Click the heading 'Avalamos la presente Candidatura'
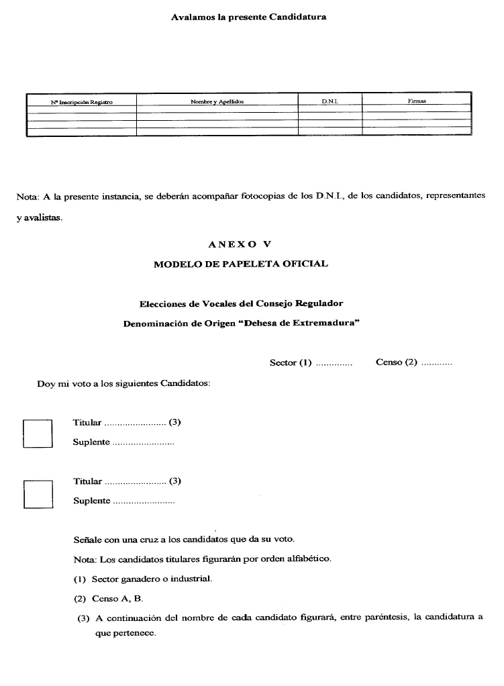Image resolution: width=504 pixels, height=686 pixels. pyautogui.click(x=248, y=17)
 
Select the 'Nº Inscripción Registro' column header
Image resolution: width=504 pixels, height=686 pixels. pyautogui.click(x=81, y=102)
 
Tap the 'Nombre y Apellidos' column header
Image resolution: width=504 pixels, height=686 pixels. pyautogui.click(x=217, y=101)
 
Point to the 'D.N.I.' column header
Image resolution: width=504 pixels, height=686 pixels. pyautogui.click(x=330, y=101)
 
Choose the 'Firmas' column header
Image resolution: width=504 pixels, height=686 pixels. pyautogui.click(x=417, y=101)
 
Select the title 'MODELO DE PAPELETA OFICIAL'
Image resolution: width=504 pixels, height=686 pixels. pyautogui.click(x=241, y=264)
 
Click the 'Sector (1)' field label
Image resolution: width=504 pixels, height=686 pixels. pyautogui.click(x=291, y=362)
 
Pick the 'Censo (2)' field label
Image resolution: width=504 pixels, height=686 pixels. pyautogui.click(x=396, y=362)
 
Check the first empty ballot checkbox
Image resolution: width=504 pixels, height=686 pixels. pyautogui.click(x=38, y=433)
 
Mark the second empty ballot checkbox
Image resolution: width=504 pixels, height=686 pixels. pyautogui.click(x=38, y=494)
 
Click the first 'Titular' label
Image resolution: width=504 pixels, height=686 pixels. pyautogui.click(x=87, y=423)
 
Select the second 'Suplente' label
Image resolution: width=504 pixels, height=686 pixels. pyautogui.click(x=91, y=501)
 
